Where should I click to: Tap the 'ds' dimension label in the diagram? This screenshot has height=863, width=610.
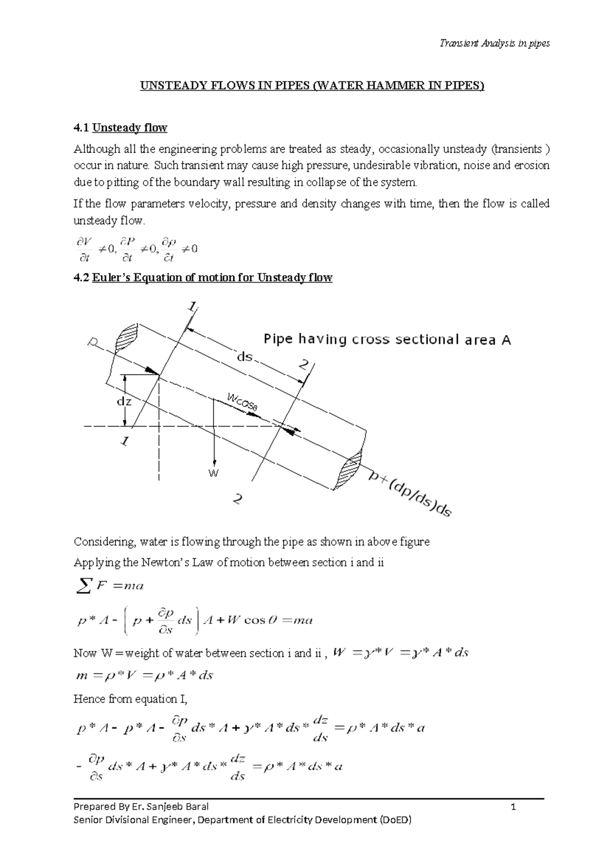(x=245, y=357)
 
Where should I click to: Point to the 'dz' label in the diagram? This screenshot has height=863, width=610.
(x=124, y=401)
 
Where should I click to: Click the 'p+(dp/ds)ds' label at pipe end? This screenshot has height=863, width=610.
(x=410, y=493)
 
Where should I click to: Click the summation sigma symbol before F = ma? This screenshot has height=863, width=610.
(x=83, y=586)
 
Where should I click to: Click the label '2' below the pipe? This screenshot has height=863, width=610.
(x=237, y=500)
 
